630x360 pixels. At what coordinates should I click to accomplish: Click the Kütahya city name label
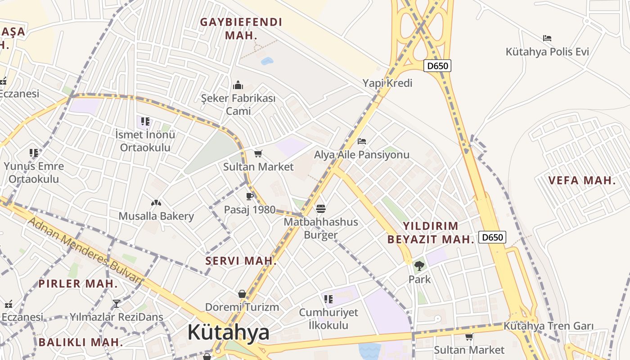228,333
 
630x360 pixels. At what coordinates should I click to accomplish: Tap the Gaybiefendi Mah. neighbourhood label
241,28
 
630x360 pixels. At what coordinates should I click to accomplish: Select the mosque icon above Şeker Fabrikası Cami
238,85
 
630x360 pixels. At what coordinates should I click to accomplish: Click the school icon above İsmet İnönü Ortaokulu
145,121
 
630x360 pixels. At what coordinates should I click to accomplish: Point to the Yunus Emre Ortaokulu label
34,172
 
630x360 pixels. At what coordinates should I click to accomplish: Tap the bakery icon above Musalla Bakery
156,203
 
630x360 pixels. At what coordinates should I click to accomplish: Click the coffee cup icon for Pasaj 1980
250,196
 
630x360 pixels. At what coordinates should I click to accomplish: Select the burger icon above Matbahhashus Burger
321,208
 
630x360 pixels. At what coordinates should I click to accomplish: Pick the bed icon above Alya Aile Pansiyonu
361,141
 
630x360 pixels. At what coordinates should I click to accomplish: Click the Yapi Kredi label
387,83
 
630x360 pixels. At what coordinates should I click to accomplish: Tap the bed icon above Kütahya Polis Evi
547,38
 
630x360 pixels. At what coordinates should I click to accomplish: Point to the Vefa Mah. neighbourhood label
582,181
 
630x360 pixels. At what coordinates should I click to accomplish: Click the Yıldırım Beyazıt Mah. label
431,233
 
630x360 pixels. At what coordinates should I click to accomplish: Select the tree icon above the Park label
419,266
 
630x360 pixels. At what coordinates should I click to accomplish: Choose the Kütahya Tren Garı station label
549,326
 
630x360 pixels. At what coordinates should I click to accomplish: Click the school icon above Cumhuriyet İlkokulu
328,299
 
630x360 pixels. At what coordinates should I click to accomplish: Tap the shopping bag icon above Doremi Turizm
242,294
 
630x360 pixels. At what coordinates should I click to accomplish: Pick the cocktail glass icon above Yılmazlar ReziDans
117,304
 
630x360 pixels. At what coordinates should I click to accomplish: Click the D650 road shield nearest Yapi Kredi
437,66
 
